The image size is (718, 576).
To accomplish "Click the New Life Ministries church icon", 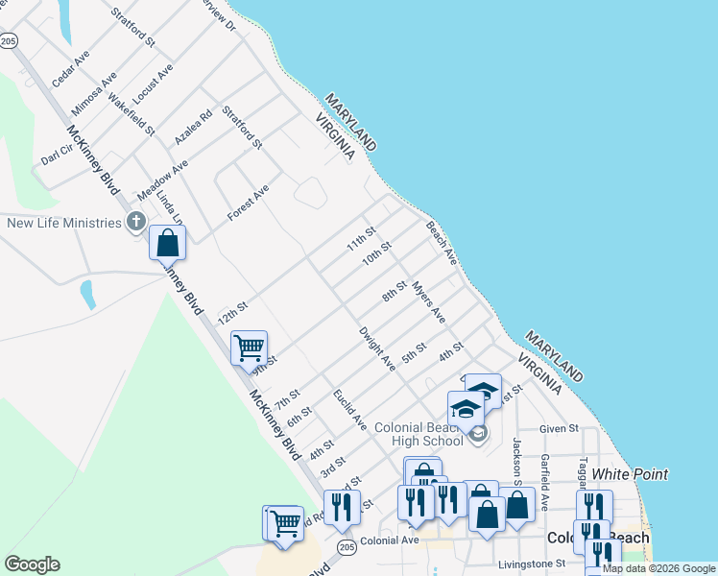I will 135,223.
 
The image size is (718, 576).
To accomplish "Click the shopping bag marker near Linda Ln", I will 168,244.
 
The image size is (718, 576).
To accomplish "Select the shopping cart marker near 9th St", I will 250,348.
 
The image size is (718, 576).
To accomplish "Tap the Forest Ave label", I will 248,204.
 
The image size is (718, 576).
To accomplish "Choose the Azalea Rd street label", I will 192,129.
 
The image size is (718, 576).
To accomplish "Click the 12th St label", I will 232,312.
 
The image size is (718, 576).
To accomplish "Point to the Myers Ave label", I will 429,300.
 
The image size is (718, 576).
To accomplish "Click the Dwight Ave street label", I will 377,348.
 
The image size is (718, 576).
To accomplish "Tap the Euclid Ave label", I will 349,408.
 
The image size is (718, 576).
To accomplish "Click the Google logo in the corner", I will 32,564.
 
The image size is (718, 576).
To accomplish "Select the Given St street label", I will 559,428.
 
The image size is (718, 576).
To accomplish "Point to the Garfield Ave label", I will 544,482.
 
